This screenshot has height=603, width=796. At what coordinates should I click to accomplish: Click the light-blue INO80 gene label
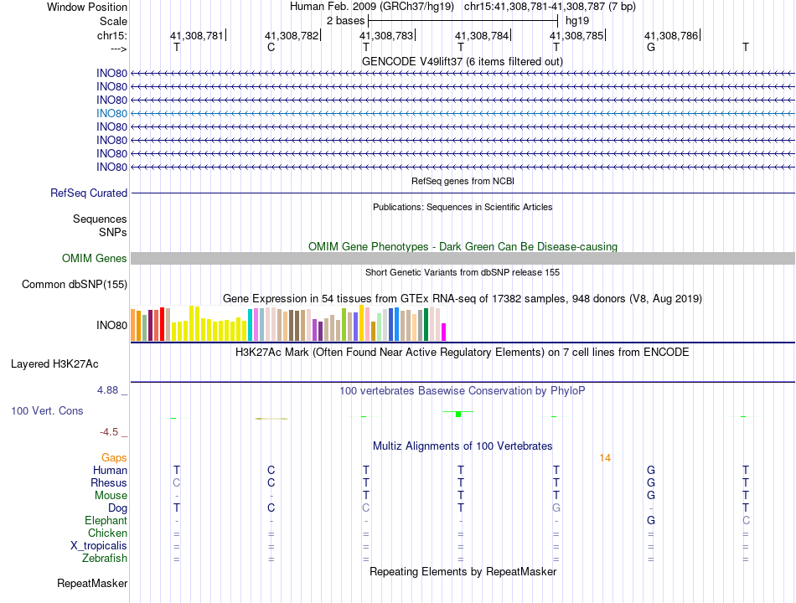click(111, 113)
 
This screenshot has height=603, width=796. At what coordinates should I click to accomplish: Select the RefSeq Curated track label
click(89, 193)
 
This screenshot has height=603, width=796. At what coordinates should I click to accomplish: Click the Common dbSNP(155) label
click(75, 285)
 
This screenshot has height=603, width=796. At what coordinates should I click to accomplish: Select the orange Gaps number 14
click(606, 457)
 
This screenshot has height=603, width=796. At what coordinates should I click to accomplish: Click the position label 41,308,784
click(482, 36)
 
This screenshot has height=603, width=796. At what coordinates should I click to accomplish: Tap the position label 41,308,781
click(197, 36)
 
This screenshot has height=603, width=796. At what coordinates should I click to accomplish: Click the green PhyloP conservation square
click(458, 414)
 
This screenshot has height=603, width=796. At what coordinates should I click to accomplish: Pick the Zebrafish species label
click(105, 558)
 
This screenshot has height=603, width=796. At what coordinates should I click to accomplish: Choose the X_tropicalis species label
click(99, 545)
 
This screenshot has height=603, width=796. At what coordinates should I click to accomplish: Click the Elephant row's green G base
click(651, 520)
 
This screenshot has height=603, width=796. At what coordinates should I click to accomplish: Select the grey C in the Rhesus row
click(176, 482)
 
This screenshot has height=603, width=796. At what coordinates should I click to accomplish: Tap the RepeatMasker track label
click(92, 583)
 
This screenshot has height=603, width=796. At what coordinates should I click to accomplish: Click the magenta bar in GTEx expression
click(444, 332)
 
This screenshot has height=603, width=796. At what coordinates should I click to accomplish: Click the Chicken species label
click(107, 533)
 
